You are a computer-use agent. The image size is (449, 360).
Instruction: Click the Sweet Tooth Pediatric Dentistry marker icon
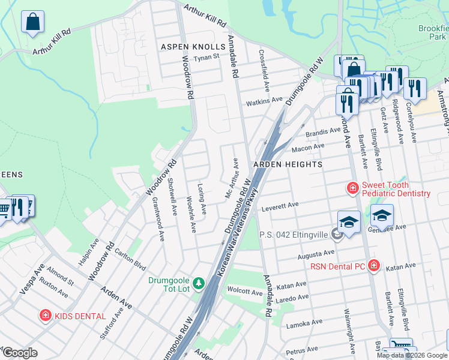pos(352,188)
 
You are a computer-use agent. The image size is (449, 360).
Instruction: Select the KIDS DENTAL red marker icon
pos(45,315)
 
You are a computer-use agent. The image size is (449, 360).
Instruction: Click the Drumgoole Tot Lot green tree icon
pos(199,282)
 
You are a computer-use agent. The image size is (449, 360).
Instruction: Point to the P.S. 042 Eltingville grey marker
pos(337,234)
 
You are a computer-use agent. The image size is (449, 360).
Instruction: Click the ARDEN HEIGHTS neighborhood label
pos(288,164)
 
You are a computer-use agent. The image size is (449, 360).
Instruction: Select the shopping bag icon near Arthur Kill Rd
pos(33,22)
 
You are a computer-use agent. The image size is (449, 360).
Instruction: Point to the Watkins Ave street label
pos(264,101)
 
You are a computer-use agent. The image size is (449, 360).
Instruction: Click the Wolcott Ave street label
pos(245,292)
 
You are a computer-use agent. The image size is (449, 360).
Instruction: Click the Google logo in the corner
pos(19,352)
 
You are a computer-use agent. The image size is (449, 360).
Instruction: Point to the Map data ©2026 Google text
pos(412,355)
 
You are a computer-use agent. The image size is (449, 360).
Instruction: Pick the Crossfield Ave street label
pos(262,67)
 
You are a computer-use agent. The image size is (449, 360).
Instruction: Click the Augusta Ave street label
pos(315,255)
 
